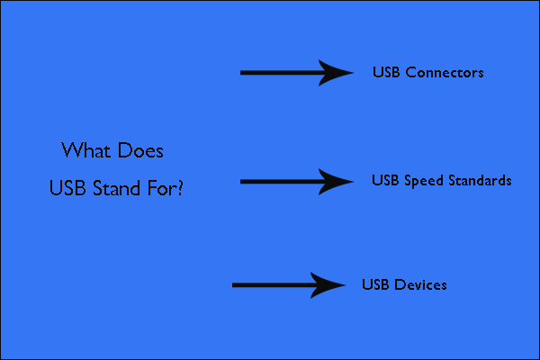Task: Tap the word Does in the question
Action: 140,150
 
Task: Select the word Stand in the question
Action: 116,188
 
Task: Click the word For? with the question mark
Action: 166,188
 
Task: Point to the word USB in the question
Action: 67,188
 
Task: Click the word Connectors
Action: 445,72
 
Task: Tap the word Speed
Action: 424,181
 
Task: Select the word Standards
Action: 480,181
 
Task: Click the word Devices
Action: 420,285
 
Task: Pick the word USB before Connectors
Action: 386,72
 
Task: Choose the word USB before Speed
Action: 385,181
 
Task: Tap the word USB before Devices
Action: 375,285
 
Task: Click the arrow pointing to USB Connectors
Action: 297,73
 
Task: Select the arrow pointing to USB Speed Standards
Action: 297,182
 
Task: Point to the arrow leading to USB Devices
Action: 289,285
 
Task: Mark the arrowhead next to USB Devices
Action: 328,285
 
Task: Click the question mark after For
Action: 180,188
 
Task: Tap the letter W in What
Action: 72,150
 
